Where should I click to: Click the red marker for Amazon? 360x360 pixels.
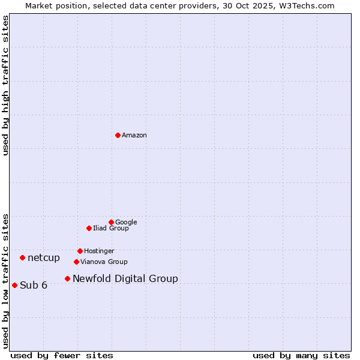[x=118, y=135]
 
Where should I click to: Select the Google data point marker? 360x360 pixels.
[x=111, y=222]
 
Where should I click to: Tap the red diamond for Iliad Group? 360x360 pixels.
[x=89, y=228]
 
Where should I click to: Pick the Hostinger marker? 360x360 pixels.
[x=80, y=251]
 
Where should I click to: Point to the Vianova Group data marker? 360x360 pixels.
[x=76, y=262]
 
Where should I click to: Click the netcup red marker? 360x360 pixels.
[x=22, y=257]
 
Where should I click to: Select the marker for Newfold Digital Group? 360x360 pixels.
[x=67, y=278]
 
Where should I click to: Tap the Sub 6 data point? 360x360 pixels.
[x=14, y=285]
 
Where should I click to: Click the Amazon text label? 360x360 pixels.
[x=134, y=136]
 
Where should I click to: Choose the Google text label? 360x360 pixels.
[x=126, y=223]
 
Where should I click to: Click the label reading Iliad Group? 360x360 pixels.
[x=111, y=229]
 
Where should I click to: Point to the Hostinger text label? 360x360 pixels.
[x=99, y=251]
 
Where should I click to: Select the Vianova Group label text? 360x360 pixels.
[x=104, y=262]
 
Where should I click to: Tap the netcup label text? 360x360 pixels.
[x=44, y=258]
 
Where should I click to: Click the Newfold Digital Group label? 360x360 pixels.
[x=125, y=279]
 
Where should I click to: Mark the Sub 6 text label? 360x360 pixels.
[x=34, y=286]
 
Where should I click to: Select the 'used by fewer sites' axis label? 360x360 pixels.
[x=62, y=355]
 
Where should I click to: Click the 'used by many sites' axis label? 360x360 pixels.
[x=301, y=355]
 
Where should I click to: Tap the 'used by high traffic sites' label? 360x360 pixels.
[x=6, y=85]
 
